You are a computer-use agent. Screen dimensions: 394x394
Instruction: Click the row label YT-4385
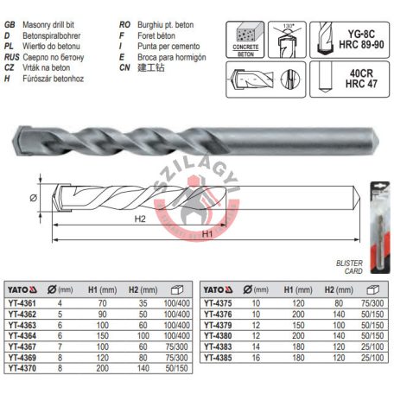(x=219, y=356)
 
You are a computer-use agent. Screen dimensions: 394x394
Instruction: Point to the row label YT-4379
(x=219, y=325)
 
